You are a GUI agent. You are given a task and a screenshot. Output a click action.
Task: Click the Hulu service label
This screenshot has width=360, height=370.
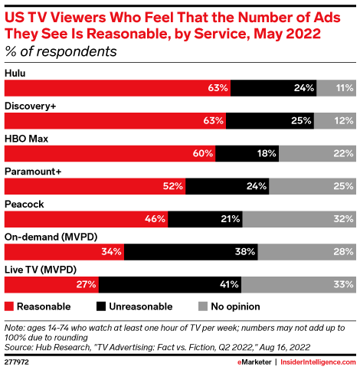(x=16, y=73)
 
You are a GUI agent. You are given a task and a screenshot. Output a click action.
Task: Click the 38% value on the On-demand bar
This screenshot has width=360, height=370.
(x=244, y=252)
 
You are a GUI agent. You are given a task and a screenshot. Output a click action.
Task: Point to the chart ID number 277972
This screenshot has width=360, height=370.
(x=18, y=361)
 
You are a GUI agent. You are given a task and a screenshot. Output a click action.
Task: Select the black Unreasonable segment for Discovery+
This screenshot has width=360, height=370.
(x=270, y=120)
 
